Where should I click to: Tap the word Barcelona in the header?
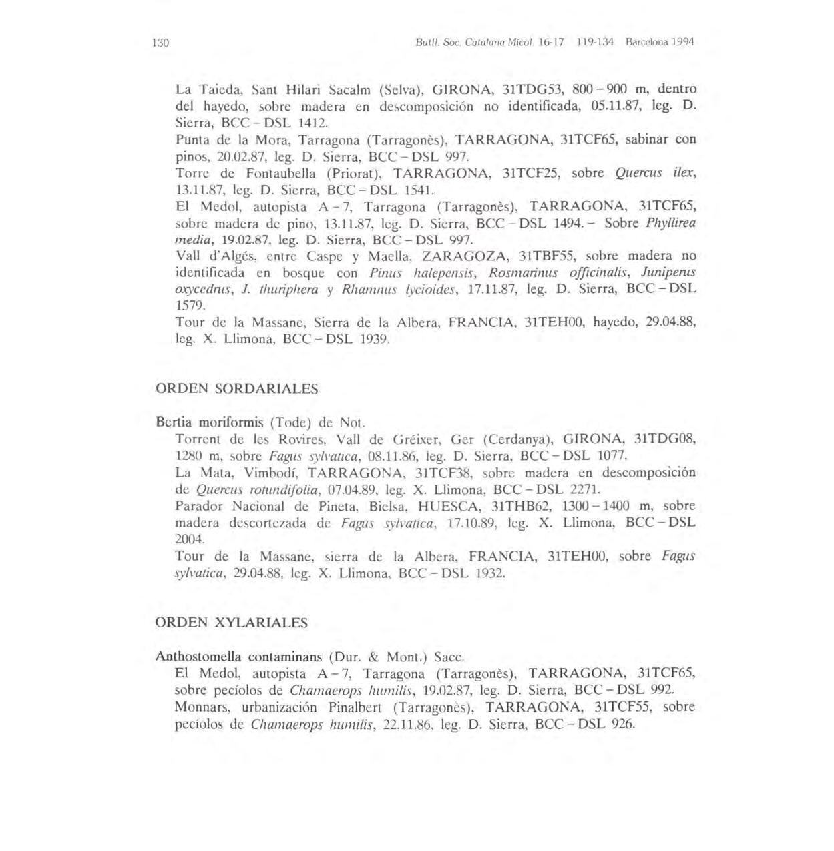[648, 41]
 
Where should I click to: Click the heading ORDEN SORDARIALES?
[236, 388]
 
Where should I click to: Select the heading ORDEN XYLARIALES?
[231, 623]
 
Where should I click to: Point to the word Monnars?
[200, 707]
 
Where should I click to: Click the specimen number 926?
[623, 724]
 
